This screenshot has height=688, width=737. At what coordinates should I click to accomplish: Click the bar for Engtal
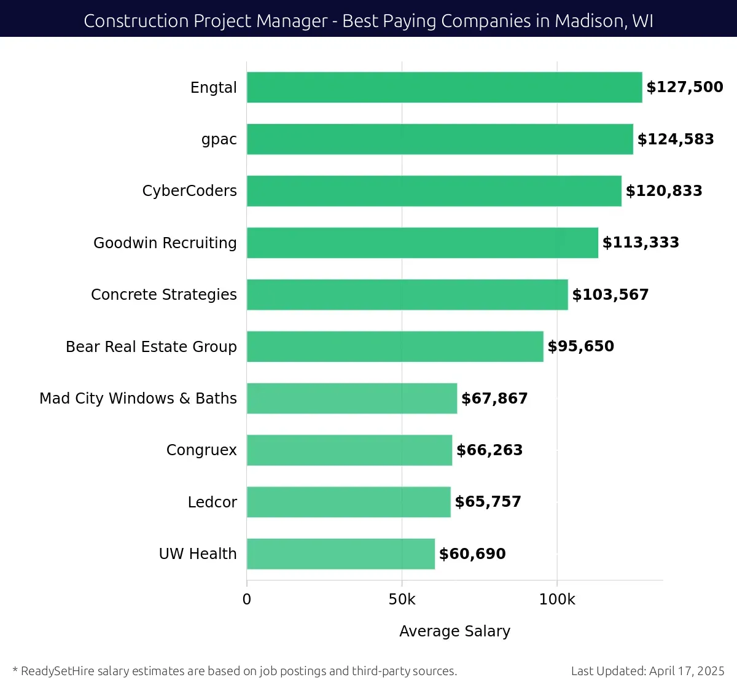pos(444,87)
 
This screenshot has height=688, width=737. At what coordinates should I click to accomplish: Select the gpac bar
pos(440,139)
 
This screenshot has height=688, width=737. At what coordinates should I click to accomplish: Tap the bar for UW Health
pos(341,554)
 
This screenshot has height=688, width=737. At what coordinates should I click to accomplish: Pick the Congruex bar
pos(349,450)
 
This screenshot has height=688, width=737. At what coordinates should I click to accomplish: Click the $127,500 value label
pos(685,87)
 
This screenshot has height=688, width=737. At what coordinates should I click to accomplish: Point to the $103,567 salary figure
pos(610,295)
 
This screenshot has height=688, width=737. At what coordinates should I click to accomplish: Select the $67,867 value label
pos(494,399)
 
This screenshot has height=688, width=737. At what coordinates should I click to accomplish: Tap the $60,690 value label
pos(472,554)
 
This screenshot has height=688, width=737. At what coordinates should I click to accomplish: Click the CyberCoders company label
pos(189,191)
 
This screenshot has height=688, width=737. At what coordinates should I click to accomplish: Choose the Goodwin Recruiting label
pos(165,243)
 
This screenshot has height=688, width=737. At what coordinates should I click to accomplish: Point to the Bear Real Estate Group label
pos(151,347)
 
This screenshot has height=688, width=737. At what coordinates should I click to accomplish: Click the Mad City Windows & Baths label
pos(138,399)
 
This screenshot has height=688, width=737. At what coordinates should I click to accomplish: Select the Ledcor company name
pos(212,502)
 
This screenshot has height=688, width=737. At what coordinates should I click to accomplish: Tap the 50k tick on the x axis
pos(402,600)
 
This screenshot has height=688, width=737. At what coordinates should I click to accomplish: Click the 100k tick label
pos(557,600)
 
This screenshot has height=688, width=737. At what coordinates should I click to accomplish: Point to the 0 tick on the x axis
pos(247,600)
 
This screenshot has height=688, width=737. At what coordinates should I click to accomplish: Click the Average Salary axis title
pos(454,631)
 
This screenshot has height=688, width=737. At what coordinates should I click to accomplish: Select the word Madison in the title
pos(588,21)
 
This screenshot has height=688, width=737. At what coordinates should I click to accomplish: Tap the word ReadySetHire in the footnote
pos(58,671)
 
